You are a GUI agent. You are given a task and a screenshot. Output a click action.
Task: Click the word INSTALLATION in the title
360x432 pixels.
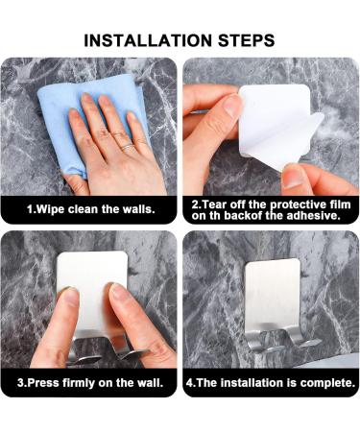pos(148,40)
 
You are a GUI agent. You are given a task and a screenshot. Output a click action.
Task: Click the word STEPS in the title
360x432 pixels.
pos(247,40)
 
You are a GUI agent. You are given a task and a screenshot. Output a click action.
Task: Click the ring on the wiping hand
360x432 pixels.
pos(127,147)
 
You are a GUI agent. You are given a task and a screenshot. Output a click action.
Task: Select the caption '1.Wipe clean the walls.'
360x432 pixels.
pos(91,209)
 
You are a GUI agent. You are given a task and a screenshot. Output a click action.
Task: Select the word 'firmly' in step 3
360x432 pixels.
pos(80,383)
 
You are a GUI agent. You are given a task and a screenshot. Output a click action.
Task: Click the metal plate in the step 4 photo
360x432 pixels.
pos(273,295)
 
